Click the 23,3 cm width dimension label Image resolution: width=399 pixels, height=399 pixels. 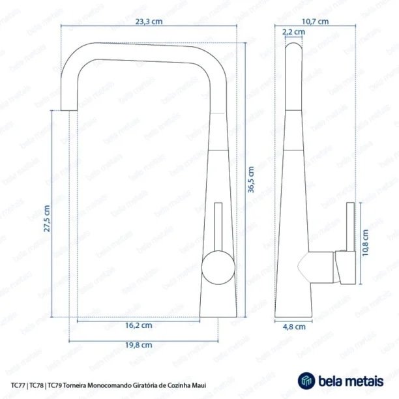(149, 22)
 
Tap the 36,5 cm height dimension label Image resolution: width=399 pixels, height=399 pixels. (251, 179)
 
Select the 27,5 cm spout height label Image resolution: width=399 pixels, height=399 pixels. (47, 218)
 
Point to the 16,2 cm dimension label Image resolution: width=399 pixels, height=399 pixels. (139, 325)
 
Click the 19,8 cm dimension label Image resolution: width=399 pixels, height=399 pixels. (139, 345)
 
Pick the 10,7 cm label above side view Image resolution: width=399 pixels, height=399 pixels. (316, 22)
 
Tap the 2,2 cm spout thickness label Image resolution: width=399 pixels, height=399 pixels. (293, 32)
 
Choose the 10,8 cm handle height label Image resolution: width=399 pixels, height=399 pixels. (365, 243)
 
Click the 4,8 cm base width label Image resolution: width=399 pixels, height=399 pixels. (294, 327)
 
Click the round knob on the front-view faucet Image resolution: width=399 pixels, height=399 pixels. (218, 267)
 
